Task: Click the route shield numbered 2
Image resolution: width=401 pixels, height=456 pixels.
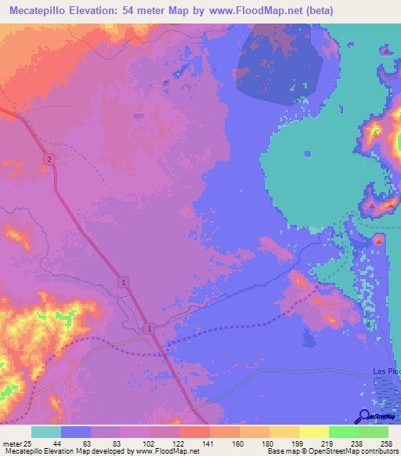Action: point(49,160)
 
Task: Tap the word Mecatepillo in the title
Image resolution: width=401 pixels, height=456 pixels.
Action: point(37,11)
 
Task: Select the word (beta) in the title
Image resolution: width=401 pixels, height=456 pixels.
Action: point(318,11)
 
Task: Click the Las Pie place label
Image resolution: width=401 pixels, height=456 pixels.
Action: point(385,371)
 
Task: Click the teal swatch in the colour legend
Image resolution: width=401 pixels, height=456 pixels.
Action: point(46,432)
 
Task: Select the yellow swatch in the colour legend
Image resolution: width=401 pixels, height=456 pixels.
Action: point(314,432)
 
